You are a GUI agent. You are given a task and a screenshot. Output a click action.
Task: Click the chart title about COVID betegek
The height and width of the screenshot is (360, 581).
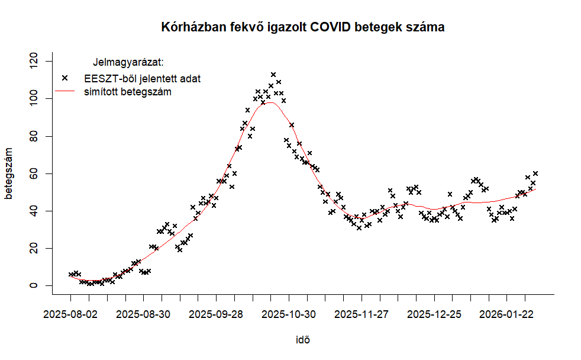click(302, 27)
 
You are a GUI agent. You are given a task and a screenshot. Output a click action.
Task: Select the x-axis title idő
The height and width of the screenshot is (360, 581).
click(302, 340)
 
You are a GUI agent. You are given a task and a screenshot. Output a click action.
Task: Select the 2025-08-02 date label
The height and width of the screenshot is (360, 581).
click(70, 314)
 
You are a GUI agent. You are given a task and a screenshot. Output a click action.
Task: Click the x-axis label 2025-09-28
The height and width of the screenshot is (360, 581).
click(216, 314)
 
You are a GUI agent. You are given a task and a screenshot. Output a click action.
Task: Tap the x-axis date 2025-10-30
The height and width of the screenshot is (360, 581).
click(289, 314)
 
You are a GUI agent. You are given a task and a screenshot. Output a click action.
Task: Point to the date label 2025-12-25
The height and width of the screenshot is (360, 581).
click(435, 314)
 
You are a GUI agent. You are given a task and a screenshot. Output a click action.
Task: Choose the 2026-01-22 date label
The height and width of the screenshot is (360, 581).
click(508, 314)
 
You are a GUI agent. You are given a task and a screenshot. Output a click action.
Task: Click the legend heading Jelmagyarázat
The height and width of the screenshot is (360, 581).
click(128, 62)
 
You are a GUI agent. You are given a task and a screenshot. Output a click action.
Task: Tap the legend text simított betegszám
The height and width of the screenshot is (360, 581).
click(128, 92)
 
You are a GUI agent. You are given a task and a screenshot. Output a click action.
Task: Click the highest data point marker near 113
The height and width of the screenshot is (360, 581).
click(273, 75)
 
